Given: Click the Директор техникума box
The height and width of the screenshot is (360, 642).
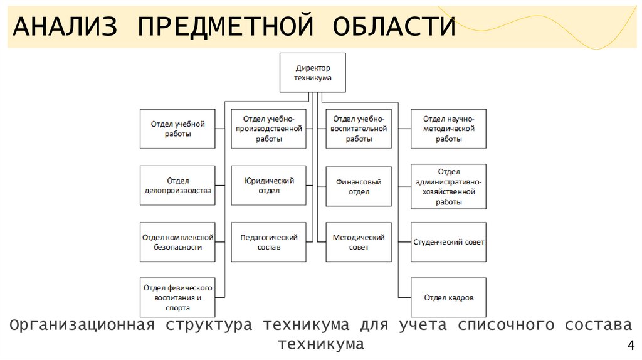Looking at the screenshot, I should [312, 72].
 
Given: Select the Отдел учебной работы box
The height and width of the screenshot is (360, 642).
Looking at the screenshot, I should [177, 129].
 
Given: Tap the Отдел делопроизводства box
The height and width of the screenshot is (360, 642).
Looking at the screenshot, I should [177, 186].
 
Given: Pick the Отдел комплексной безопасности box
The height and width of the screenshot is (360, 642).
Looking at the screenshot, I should [177, 242].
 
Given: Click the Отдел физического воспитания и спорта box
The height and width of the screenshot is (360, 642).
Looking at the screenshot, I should [177, 297].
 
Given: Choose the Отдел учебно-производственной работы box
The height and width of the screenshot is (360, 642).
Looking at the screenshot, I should [268, 129].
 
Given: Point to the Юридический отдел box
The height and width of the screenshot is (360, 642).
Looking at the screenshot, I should [268, 186].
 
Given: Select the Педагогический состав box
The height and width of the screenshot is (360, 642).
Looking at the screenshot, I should [268, 242].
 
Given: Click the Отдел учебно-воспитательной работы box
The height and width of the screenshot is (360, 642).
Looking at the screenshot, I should [359, 129].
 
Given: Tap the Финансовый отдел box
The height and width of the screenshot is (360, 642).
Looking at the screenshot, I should [359, 186].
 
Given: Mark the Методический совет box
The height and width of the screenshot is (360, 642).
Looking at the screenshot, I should [359, 242].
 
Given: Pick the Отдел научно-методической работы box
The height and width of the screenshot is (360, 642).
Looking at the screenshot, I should [448, 129].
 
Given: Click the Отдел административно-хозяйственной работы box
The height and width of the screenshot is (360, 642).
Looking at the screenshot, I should [448, 186].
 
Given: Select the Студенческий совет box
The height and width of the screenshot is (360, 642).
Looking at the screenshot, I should [448, 242].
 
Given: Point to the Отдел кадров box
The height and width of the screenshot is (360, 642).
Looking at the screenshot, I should [448, 297].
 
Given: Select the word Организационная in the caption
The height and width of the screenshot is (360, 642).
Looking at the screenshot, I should [82, 325].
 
